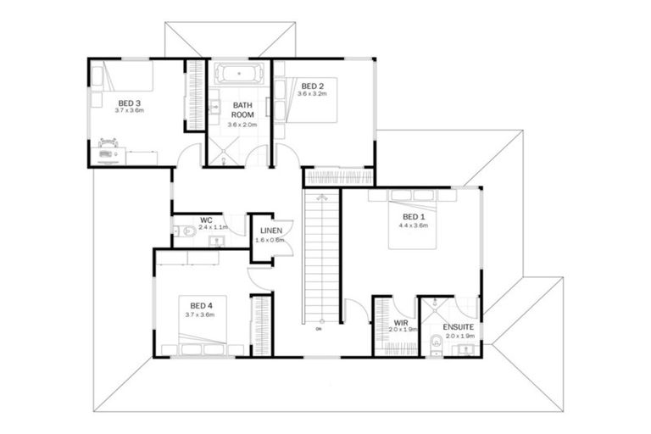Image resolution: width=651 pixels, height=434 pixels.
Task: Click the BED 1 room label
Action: click(x=415, y=217)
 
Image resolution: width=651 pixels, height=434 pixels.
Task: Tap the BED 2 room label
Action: click(x=312, y=86)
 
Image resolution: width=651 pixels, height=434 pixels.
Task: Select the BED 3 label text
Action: click(x=130, y=103)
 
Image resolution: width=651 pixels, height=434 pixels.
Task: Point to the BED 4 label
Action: click(x=201, y=305)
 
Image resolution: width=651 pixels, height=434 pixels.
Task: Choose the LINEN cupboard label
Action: click(x=271, y=231)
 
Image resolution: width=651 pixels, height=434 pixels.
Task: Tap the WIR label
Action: click(x=398, y=323)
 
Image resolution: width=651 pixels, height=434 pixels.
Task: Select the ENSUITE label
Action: click(x=459, y=326)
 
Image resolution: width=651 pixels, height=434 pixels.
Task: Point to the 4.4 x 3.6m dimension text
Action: click(x=415, y=225)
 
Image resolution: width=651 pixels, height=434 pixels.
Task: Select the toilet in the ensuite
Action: click(x=436, y=343)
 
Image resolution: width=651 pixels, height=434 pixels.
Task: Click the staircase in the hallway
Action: click(x=322, y=254)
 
